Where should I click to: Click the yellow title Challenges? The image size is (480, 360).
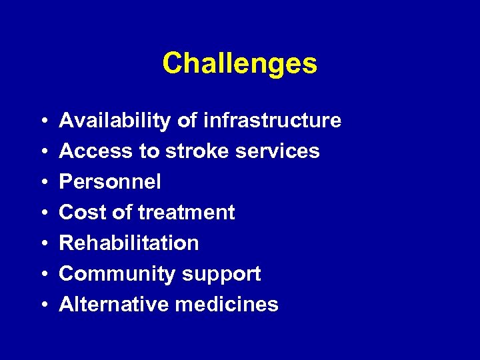click(239, 64)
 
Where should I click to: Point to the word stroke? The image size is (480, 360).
click(197, 151)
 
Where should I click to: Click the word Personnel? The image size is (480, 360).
click(110, 182)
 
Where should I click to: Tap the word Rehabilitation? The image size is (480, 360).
click(129, 243)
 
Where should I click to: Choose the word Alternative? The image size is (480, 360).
click(113, 305)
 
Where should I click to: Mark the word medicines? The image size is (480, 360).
click(227, 305)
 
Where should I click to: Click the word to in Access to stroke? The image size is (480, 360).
click(149, 152)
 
